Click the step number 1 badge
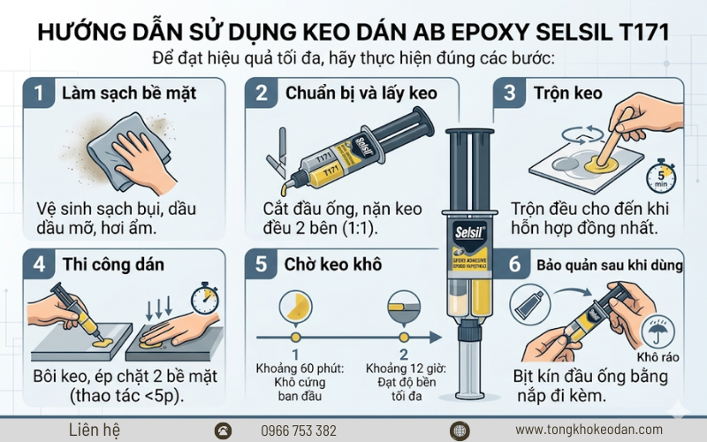point(38,92)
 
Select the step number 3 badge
point(508,92)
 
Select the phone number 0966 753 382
point(299,431)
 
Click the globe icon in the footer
point(459,431)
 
